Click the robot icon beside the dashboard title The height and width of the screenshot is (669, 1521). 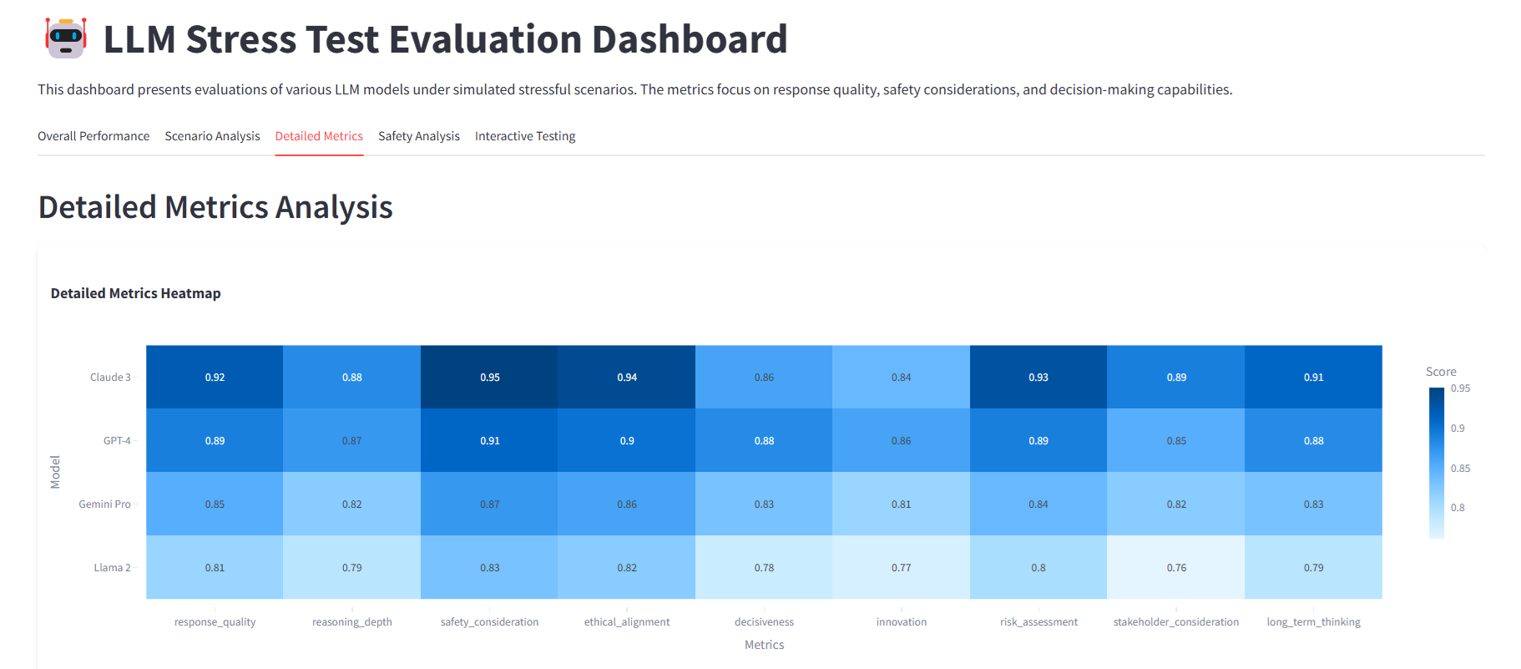click(66, 38)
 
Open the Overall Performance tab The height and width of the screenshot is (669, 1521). click(93, 136)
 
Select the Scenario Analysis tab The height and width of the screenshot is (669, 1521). click(212, 136)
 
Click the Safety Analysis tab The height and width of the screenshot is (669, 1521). click(418, 136)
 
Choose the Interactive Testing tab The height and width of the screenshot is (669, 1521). click(525, 136)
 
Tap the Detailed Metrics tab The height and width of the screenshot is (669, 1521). click(319, 136)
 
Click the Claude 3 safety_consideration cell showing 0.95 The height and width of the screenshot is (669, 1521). click(489, 378)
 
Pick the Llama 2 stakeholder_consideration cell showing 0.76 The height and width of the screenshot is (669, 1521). click(1175, 568)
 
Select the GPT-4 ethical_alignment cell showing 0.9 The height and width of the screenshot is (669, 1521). click(627, 441)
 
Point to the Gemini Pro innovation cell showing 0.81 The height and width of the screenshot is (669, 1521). click(901, 504)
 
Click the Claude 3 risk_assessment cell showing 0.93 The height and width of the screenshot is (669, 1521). click(1038, 378)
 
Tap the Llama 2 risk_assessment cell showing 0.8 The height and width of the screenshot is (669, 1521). click(1038, 568)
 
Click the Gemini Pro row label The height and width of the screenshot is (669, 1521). click(104, 504)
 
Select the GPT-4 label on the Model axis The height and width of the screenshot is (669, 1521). click(117, 441)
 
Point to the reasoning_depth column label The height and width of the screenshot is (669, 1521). click(351, 622)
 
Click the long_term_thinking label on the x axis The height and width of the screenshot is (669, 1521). click(1313, 622)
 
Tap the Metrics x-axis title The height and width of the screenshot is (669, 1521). click(764, 645)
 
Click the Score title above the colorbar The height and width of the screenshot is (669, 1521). click(1441, 372)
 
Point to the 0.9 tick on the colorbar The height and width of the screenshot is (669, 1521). click(1458, 428)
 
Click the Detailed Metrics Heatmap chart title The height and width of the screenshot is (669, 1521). click(135, 293)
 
